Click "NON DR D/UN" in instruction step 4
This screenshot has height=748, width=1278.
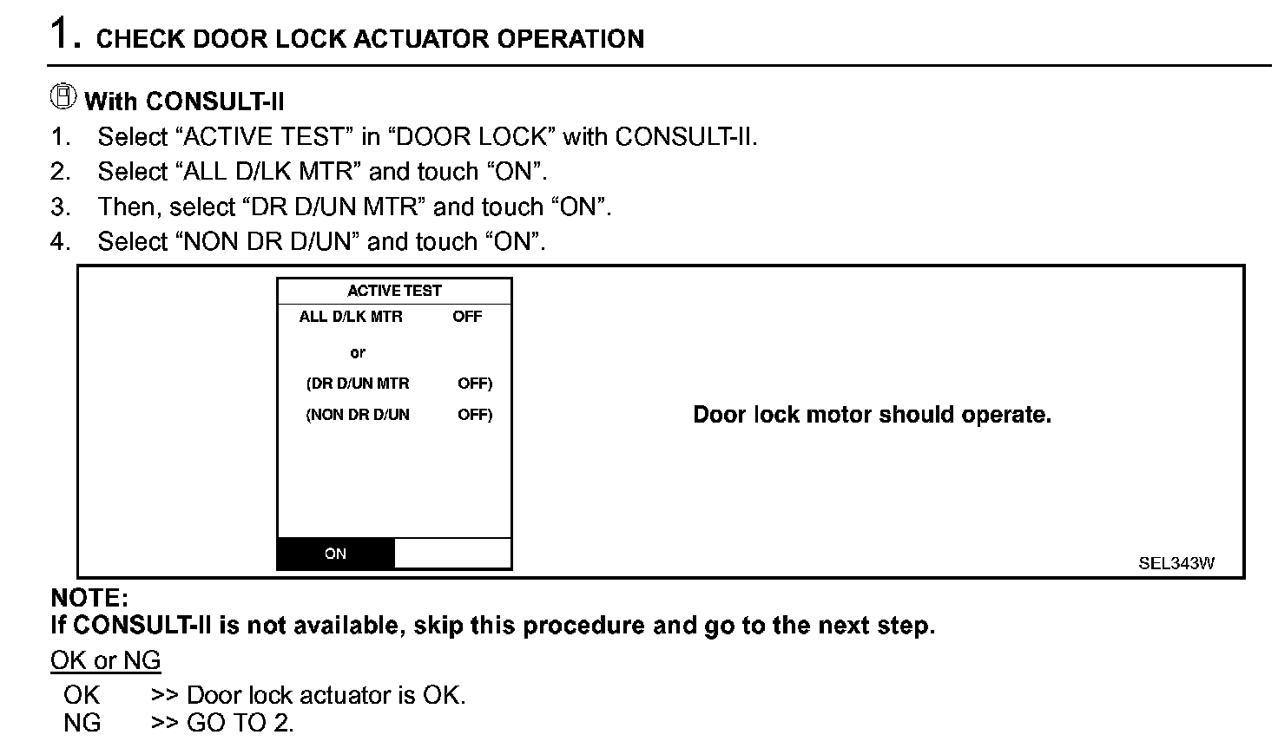[x=267, y=242]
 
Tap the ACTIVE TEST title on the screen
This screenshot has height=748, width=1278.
[x=394, y=291]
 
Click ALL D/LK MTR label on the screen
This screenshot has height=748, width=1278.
[x=351, y=317]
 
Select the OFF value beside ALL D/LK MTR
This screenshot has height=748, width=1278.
[x=467, y=317]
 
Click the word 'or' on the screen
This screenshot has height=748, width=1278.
[x=358, y=353]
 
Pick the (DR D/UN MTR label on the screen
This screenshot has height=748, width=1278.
[x=358, y=384]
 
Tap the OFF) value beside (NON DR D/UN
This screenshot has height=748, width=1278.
[x=475, y=415]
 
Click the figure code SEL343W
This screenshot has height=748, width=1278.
[x=1176, y=563]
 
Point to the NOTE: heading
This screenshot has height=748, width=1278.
[x=89, y=598]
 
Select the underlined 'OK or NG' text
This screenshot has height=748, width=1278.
[x=105, y=660]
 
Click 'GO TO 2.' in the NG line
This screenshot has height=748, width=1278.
[x=240, y=723]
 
